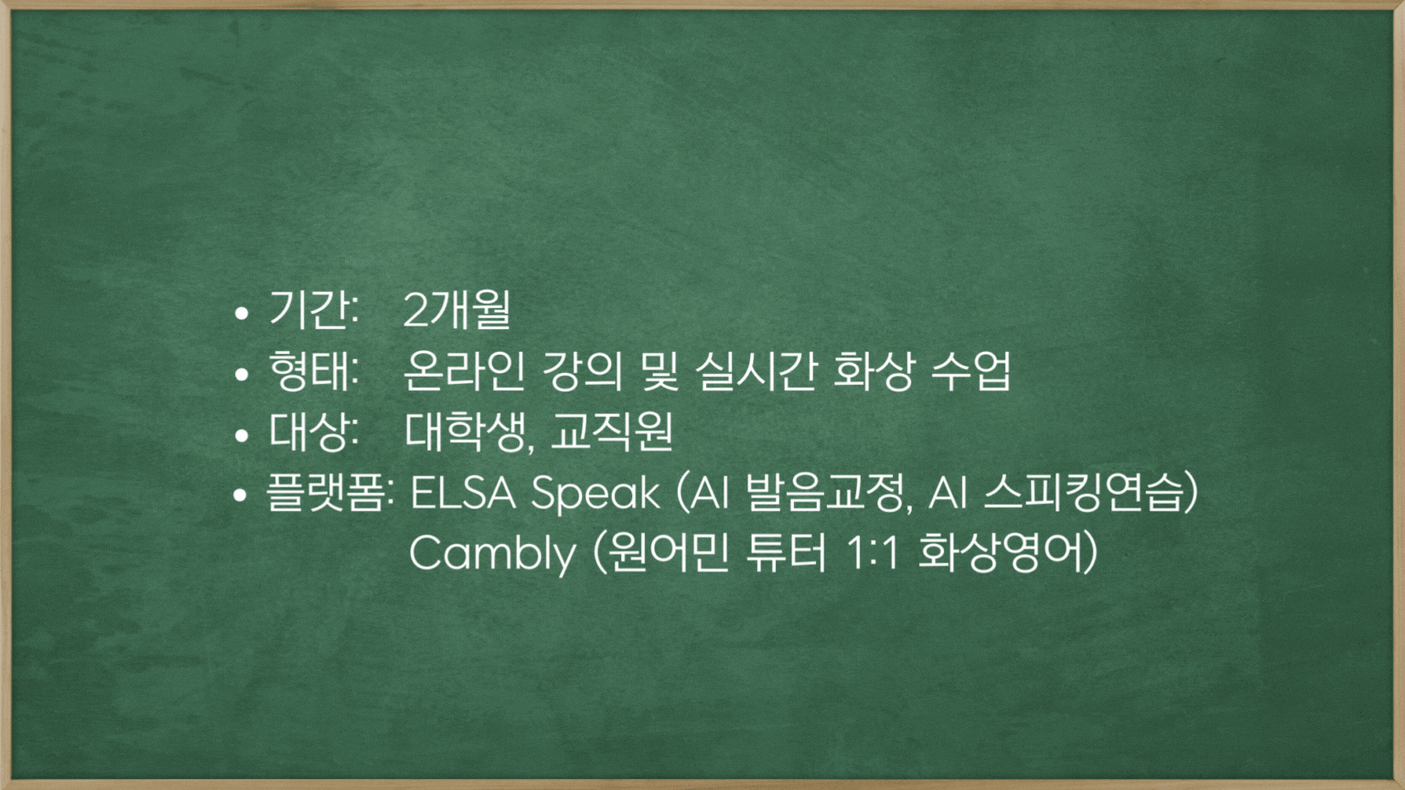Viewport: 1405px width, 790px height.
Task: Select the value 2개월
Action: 456,310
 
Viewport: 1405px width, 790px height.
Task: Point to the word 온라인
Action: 464,370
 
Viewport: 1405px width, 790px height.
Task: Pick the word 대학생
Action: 464,432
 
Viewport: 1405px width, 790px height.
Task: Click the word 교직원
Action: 612,432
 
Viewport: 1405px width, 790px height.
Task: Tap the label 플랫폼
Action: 327,492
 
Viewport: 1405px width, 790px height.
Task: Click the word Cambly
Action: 492,554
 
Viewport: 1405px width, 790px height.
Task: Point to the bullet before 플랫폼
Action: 241,496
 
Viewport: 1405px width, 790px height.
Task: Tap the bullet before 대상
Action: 241,435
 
